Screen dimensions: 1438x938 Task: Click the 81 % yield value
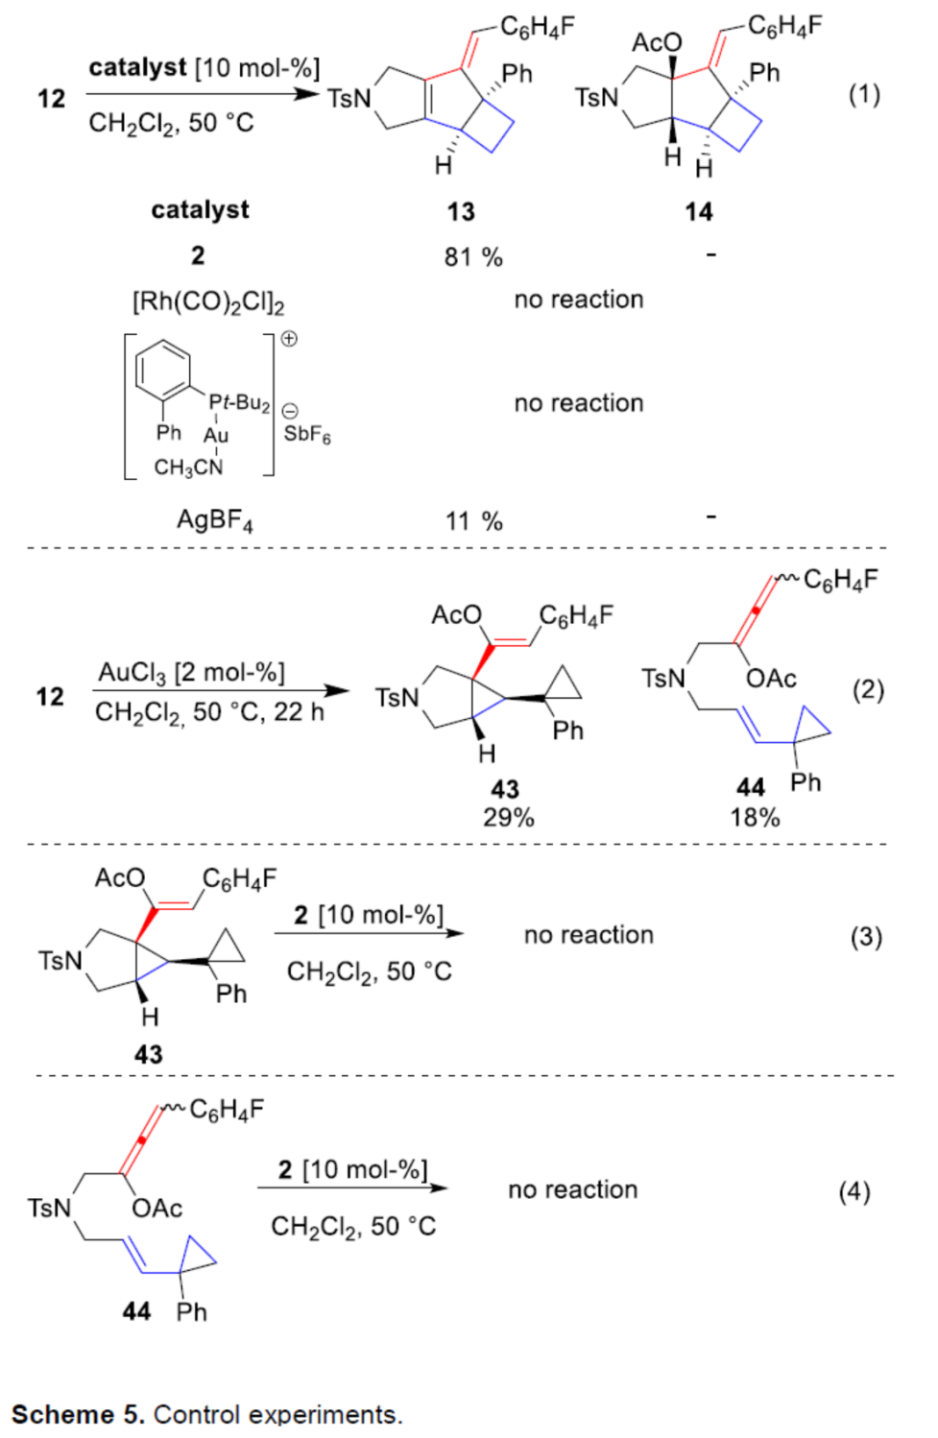point(473,257)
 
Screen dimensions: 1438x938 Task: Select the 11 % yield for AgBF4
point(473,521)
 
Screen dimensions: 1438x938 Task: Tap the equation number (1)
point(863,94)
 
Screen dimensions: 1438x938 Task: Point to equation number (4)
point(854,1191)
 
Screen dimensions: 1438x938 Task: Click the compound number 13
point(461,211)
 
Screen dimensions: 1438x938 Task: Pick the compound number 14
point(698,211)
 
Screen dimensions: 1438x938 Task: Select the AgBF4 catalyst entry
point(215,521)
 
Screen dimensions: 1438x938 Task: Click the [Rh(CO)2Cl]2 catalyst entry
point(208,302)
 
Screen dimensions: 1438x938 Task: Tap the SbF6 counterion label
point(307,435)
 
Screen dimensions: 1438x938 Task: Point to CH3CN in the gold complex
point(188,467)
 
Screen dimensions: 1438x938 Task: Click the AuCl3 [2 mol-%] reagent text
point(191,673)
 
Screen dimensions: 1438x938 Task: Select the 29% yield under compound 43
point(508,818)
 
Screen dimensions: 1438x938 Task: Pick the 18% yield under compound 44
point(755,818)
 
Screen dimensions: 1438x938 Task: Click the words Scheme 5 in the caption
point(77,1415)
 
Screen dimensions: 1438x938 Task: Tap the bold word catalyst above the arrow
point(137,68)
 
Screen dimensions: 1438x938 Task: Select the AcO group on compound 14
point(657,42)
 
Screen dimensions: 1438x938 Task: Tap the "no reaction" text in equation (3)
point(589,935)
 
